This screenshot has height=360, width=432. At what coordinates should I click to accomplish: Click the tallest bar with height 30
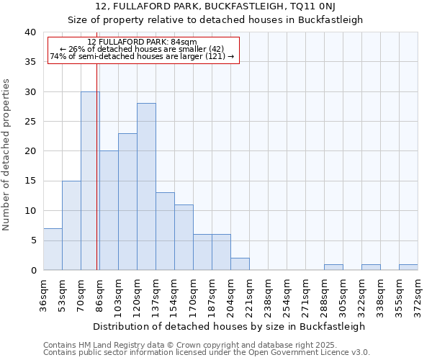[x=90, y=181]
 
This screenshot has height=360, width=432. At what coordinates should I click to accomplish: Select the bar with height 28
[x=146, y=186]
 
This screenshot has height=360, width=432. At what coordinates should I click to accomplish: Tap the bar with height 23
[x=127, y=202]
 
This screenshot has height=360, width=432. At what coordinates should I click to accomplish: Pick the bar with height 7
[x=53, y=249]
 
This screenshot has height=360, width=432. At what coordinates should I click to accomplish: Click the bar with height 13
[x=165, y=231]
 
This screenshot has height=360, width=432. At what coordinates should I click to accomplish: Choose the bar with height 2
[x=240, y=264]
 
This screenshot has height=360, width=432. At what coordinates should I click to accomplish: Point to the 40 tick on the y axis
[x=30, y=32]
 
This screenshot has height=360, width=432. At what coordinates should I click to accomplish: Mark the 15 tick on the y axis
[x=30, y=181]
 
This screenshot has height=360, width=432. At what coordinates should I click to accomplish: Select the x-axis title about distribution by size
[x=229, y=326]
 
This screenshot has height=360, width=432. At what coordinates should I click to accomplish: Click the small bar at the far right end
[x=408, y=267]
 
